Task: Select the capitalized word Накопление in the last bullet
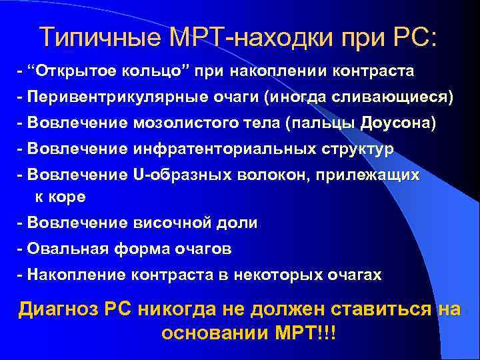pyautogui.click(x=74, y=275)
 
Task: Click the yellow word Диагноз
pyautogui.click(x=59, y=309)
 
